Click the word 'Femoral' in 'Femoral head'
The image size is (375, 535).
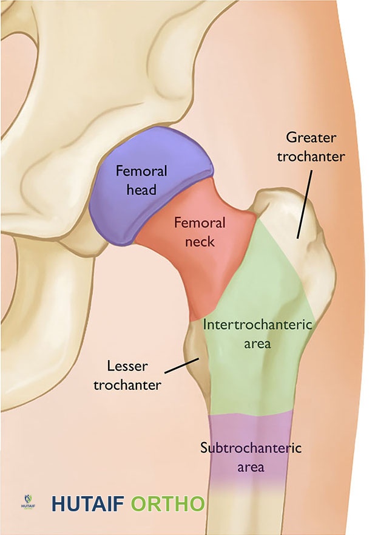point(141,171)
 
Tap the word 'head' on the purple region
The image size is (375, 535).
point(141,189)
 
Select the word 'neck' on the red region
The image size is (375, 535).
point(200,241)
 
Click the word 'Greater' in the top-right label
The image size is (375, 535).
point(311,137)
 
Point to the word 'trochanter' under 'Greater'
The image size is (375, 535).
point(311,156)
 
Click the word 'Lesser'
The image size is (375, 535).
point(127,366)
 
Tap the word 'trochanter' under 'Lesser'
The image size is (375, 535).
point(127,384)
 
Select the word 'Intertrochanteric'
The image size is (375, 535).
point(257,324)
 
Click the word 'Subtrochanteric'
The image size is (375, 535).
point(251,449)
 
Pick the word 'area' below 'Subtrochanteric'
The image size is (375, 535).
point(251,467)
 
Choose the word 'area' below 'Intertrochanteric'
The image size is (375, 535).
point(257,343)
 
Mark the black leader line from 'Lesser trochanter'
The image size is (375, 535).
point(181,366)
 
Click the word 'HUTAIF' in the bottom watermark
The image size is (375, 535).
point(89,504)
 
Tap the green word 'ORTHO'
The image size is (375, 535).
point(167,504)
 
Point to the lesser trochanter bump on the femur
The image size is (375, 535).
point(195,352)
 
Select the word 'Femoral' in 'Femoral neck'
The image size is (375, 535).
point(200,223)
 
